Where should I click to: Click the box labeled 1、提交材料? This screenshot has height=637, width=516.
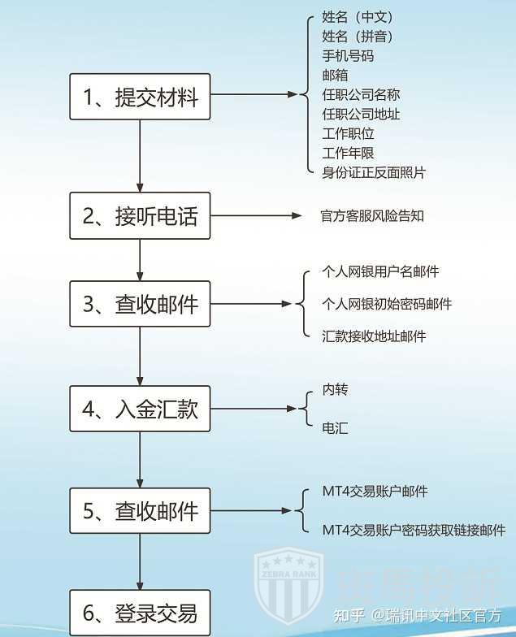tap(140, 97)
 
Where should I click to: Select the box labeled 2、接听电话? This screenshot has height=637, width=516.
tap(140, 216)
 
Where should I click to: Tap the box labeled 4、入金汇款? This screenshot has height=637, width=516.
tap(140, 409)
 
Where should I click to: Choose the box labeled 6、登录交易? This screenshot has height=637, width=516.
tap(140, 612)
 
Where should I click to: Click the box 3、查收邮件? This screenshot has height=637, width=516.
tap(140, 304)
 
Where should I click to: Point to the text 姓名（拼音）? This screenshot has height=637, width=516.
tap(358, 36)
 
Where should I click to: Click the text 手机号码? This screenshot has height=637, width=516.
tap(348, 55)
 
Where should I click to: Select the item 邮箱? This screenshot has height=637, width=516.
tap(335, 75)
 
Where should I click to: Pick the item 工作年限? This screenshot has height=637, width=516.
tap(348, 153)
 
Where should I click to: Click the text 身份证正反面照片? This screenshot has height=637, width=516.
tap(374, 172)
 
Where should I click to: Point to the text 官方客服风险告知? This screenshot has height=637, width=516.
tap(372, 216)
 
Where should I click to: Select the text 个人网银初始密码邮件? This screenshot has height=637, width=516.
tap(387, 304)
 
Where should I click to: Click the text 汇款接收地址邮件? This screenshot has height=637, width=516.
tap(374, 336)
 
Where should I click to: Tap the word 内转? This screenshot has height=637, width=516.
tap(335, 390)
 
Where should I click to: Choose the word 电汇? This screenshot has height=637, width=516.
tap(335, 427)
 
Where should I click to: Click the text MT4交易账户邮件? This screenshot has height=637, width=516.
tap(375, 492)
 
